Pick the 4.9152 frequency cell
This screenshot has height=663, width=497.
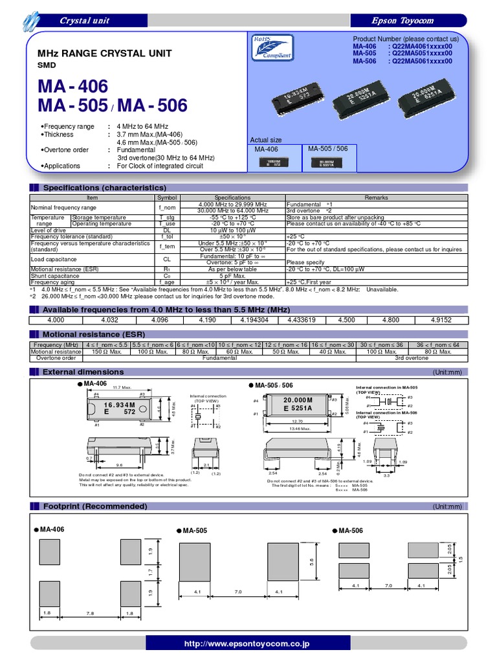[442, 319]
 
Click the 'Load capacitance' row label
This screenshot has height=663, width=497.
[54, 259]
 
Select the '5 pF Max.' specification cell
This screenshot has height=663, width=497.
[232, 276]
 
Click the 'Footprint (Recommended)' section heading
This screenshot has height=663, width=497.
[94, 506]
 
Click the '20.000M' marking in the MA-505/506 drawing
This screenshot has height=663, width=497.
[298, 399]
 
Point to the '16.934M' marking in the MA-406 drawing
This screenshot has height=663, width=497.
[117, 403]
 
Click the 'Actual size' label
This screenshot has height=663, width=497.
[266, 140]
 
